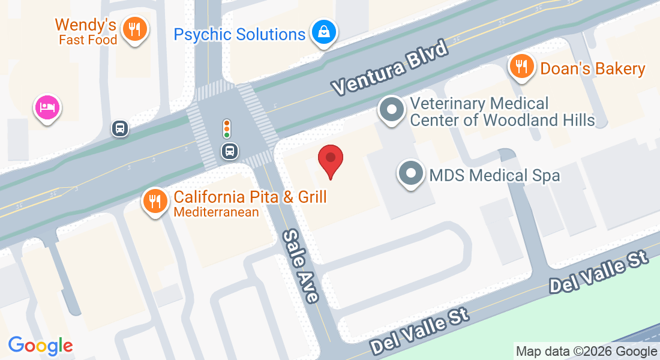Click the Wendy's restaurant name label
(x=85, y=25)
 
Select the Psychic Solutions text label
(x=239, y=34)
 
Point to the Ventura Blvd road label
(x=390, y=68)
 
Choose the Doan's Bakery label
(x=592, y=68)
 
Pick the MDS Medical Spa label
(x=494, y=175)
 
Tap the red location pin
(x=330, y=160)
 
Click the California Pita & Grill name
(x=250, y=197)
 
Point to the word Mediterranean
(x=216, y=212)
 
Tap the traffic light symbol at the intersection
(x=227, y=128)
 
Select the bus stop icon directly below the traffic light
(x=229, y=151)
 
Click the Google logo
(x=41, y=346)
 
